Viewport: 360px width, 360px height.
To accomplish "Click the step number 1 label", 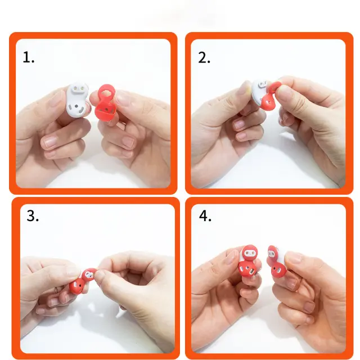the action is [29, 57].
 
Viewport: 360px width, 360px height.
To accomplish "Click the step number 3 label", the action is [33, 216].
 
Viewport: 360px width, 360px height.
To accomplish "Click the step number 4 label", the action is [205, 216].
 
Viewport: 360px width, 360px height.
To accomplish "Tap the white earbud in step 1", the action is [78, 100].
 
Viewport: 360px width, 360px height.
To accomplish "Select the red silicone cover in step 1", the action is [105, 103].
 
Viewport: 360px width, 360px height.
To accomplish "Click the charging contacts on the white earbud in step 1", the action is [79, 88].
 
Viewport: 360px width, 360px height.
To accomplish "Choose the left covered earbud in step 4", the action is [249, 262].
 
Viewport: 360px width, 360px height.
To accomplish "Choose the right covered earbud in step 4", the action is [277, 262].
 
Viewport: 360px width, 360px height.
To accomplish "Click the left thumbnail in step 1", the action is [54, 99].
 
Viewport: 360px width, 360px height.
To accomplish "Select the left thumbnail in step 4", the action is [231, 256].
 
